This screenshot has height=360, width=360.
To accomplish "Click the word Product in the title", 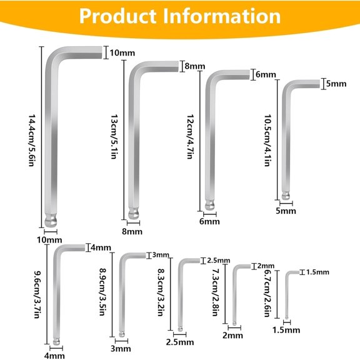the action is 117,16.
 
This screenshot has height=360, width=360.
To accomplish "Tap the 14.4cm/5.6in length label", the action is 31,141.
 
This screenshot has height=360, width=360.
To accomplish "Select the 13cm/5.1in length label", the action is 114,137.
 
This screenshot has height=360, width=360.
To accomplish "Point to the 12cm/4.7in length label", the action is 190,137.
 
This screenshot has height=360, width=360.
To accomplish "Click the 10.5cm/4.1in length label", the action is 267,141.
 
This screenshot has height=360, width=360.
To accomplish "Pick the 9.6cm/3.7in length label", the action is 37,295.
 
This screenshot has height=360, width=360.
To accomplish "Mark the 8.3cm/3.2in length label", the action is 161,292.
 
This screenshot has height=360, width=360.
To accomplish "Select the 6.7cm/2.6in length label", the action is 267,293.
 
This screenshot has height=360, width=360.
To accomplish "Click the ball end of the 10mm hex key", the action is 51,221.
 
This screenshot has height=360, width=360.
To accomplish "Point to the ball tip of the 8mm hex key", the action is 133,213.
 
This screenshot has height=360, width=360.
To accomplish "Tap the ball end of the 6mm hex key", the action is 209,205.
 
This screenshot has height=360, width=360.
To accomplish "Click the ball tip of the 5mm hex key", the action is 286,196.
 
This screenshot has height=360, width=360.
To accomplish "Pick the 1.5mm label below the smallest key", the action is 286,330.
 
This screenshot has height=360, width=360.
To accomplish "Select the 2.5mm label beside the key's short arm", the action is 219,261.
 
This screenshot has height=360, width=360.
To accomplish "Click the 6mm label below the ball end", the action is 209,221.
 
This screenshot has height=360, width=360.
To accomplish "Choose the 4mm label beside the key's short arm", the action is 101,247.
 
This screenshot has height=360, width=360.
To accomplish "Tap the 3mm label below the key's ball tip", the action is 121,349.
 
